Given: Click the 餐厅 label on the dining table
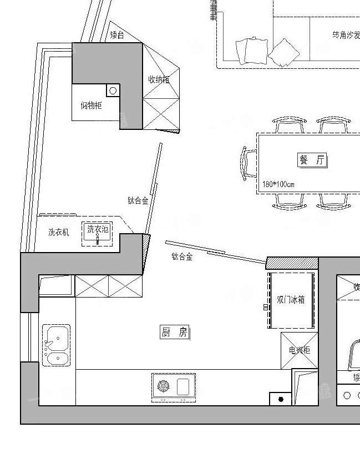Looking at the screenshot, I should (x=312, y=160).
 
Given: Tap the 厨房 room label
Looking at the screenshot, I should (x=174, y=333).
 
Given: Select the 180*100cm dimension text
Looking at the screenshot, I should (x=278, y=184).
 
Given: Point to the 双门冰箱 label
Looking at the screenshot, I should (x=291, y=300).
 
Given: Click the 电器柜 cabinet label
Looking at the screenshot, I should (x=300, y=350).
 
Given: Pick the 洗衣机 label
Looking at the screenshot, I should (x=58, y=233).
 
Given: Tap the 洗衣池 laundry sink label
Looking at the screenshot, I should (x=98, y=229).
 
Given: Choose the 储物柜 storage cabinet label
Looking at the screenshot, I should (x=91, y=105).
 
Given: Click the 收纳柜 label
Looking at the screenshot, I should (x=158, y=79).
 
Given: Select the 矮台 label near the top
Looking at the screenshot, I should (x=117, y=36).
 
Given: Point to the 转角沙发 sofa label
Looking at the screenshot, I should (x=346, y=35).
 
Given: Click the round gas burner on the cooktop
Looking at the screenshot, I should (x=164, y=386).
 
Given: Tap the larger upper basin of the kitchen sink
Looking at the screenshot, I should (x=57, y=336).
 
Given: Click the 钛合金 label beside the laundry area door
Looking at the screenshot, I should (x=138, y=200).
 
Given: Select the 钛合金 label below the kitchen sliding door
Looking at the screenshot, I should (x=181, y=256).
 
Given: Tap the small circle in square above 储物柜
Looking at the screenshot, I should (x=113, y=90).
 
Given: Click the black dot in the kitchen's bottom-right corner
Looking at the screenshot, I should (x=281, y=399).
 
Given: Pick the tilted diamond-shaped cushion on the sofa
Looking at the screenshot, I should (x=283, y=53).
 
